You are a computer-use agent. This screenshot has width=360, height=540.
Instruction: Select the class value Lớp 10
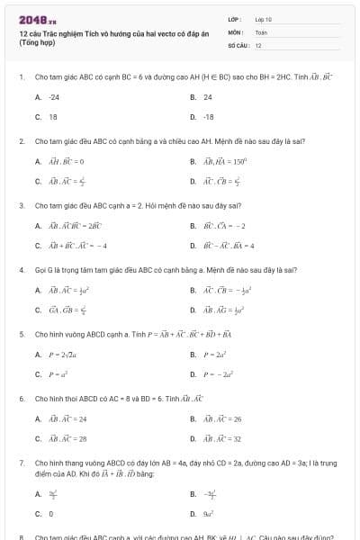tap(263, 19)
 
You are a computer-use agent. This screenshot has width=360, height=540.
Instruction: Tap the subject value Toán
tap(261, 31)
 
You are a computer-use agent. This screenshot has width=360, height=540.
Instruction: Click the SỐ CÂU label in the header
tap(237, 44)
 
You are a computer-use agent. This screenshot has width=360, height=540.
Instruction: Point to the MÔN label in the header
tap(235, 31)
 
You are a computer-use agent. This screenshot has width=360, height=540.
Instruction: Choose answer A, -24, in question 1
tap(54, 97)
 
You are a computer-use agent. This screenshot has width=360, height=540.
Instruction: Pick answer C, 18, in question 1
tap(52, 117)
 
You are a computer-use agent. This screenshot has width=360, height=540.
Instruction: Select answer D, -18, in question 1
tap(208, 117)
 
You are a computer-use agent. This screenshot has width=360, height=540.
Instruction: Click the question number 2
tap(21, 141)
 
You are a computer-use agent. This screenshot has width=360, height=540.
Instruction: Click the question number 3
tap(21, 205)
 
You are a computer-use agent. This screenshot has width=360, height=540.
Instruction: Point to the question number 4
tap(21, 270)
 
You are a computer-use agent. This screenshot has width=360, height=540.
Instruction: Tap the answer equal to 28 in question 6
tap(67, 439)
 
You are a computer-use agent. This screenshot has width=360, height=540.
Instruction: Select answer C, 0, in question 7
tap(50, 514)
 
